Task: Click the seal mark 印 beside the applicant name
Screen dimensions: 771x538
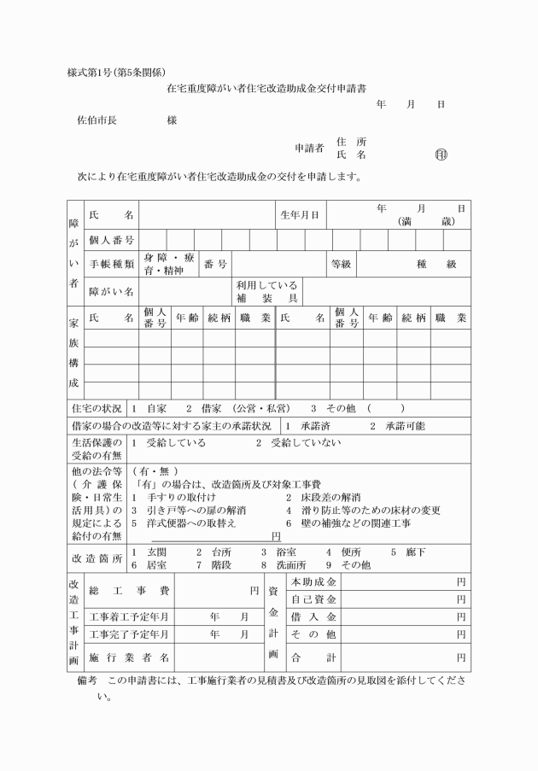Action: pos(442,155)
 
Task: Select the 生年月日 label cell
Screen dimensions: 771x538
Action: pos(300,214)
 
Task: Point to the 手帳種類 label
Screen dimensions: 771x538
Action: pos(112,264)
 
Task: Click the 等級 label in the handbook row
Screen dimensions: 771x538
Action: pos(341,264)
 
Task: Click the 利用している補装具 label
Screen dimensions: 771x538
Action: pos(266,291)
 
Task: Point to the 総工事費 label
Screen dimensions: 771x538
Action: pos(129,590)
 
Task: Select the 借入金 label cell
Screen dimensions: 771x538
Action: pos(313,616)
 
